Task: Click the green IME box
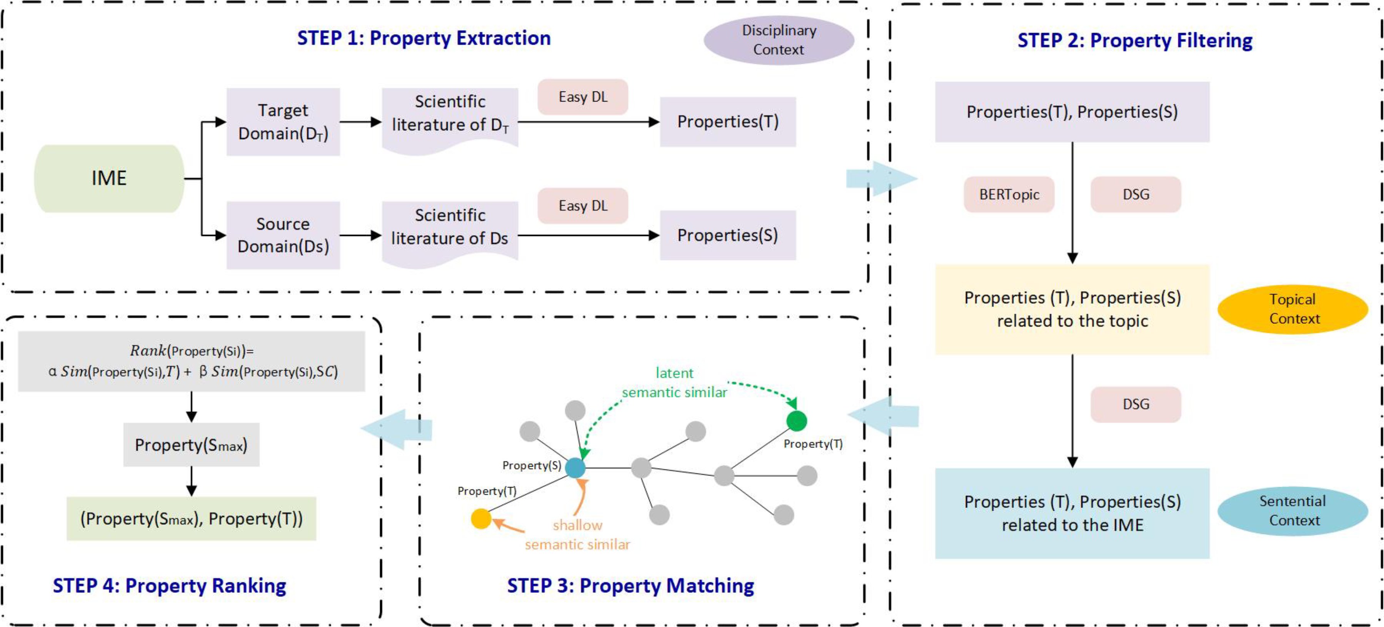coord(109,178)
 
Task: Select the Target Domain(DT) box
coord(283,122)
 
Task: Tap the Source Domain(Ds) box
coord(283,235)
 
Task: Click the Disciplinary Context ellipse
coord(779,40)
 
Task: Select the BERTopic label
coord(1009,194)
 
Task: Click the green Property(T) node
coord(796,421)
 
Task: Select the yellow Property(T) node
coord(481,519)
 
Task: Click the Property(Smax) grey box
coord(191,445)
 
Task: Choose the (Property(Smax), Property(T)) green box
coord(191,519)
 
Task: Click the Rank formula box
coord(191,361)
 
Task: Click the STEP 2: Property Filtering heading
coord(1135,41)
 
